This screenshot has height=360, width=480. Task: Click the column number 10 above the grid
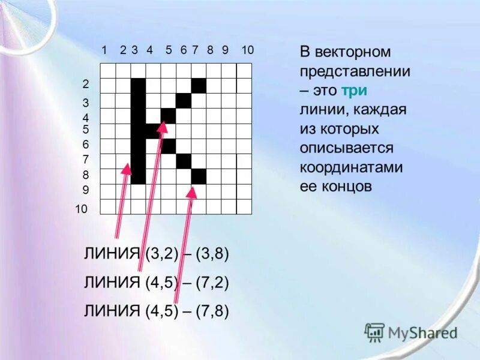[x=248, y=50]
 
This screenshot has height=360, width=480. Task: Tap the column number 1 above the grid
[x=104, y=50]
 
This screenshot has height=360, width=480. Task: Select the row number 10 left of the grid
[x=82, y=209]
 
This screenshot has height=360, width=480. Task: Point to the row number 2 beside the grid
[x=85, y=84]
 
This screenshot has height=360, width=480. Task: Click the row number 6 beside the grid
[x=85, y=145]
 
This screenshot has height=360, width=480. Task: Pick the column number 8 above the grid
[x=211, y=50]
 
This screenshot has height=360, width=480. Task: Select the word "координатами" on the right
[x=352, y=167]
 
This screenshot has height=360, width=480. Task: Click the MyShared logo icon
[x=374, y=331]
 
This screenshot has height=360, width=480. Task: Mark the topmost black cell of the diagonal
[x=199, y=86]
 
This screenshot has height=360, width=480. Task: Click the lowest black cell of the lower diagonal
[x=199, y=176]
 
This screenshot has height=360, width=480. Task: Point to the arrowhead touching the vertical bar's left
[x=126, y=169]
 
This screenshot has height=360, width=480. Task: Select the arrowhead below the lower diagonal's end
[x=191, y=191]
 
